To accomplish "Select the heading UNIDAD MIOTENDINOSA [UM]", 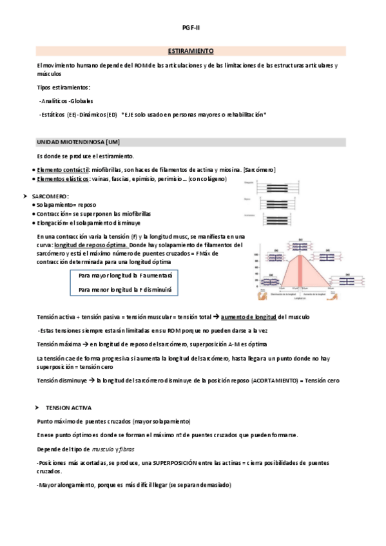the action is tap(79, 142).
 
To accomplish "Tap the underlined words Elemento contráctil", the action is tap(62, 169).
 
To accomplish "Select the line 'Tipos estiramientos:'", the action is tap(63, 87).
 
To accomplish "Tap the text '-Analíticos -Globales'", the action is tap(66, 100).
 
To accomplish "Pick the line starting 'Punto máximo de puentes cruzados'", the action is tap(113, 421).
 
